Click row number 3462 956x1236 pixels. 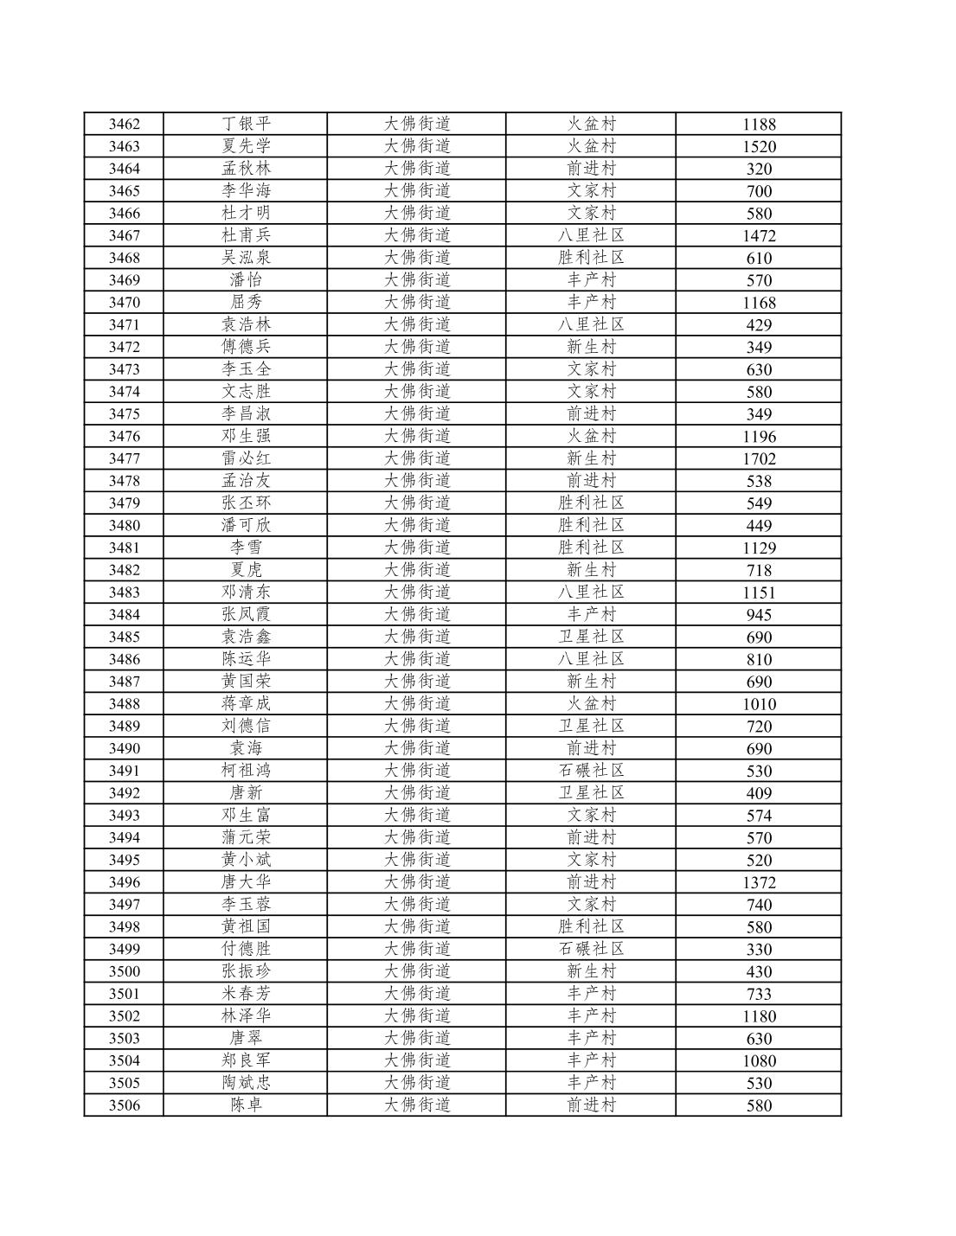pyautogui.click(x=124, y=125)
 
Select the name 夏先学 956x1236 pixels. pyautogui.click(x=246, y=146)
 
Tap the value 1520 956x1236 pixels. pyautogui.click(x=759, y=147)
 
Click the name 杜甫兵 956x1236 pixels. pyautogui.click(x=246, y=235)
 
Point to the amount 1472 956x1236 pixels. pyautogui.click(x=759, y=236)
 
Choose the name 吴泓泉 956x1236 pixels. pyautogui.click(x=246, y=258)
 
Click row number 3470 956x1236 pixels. pyautogui.click(x=124, y=303)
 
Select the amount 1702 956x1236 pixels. pyautogui.click(x=759, y=459)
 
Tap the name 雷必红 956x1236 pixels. pyautogui.click(x=246, y=458)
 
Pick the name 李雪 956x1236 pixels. pyautogui.click(x=246, y=548)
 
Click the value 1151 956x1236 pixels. pyautogui.click(x=759, y=593)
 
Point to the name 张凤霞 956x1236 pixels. pyautogui.click(x=246, y=615)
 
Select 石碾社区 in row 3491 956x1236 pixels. pyautogui.click(x=591, y=771)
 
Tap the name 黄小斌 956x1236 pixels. pyautogui.click(x=246, y=860)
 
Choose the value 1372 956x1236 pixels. pyautogui.click(x=759, y=883)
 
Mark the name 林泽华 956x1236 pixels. pyautogui.click(x=246, y=1016)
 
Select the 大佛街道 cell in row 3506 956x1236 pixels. pyautogui.click(x=417, y=1105)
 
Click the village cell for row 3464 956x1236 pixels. pyautogui.click(x=591, y=169)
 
